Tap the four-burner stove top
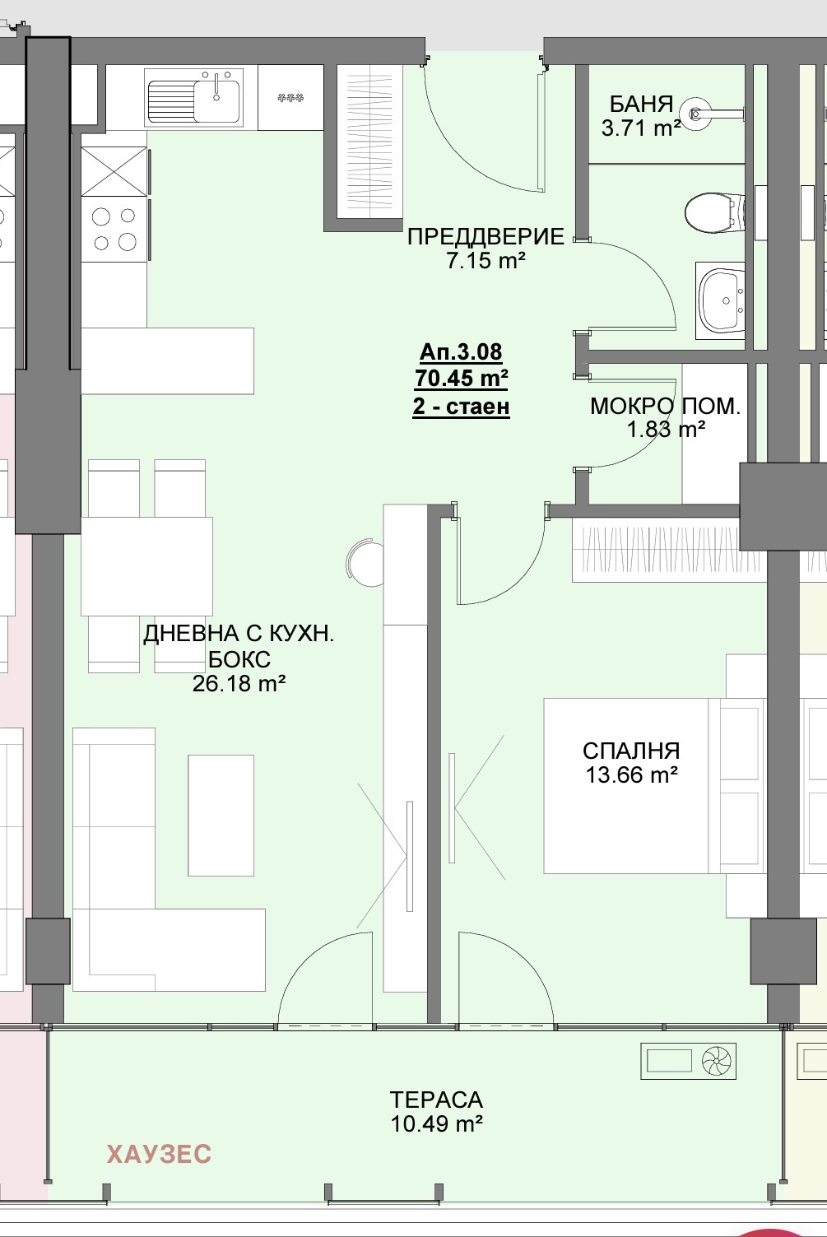click(x=114, y=229)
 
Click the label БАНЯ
click(x=641, y=105)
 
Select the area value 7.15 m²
click(x=486, y=261)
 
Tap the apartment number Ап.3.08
click(x=461, y=352)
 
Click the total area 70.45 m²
click(x=461, y=379)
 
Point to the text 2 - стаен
click(x=461, y=407)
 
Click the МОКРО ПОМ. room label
click(x=665, y=406)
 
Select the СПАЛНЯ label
click(x=631, y=751)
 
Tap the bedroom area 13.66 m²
click(x=631, y=774)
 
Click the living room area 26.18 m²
click(x=239, y=683)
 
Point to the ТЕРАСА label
click(x=436, y=1100)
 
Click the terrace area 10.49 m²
click(x=436, y=1123)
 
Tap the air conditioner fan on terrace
click(x=717, y=1062)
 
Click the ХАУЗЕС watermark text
click(x=159, y=1155)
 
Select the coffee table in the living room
click(x=221, y=815)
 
